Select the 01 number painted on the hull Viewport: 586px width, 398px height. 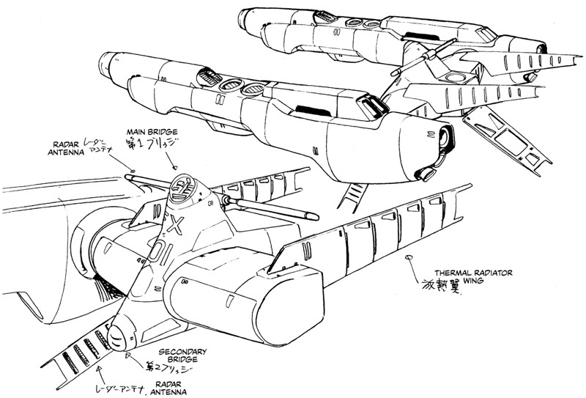click(x=163, y=246)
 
